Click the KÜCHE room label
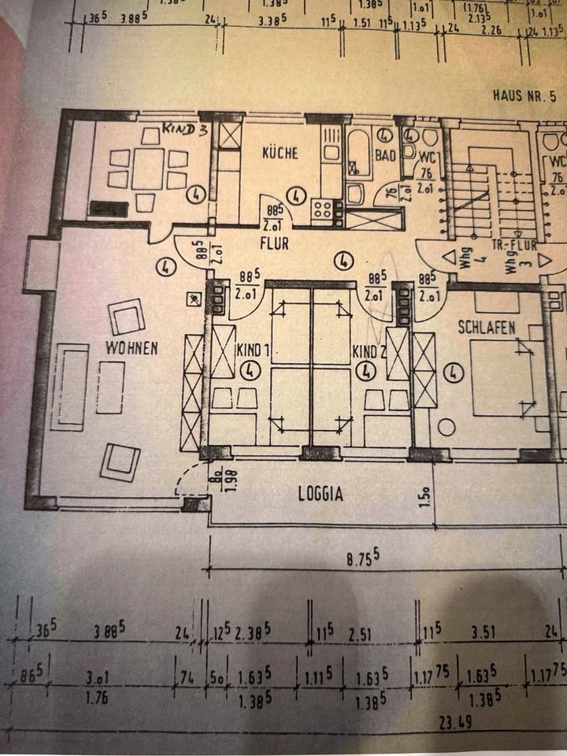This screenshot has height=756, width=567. pyautogui.click(x=280, y=153)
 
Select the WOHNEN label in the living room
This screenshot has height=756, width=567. pyautogui.click(x=133, y=347)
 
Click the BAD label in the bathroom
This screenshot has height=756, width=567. pyautogui.click(x=386, y=156)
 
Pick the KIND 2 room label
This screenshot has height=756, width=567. pyautogui.click(x=368, y=351)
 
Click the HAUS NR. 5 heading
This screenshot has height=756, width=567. pyautogui.click(x=523, y=96)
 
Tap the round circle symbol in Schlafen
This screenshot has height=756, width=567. pyautogui.click(x=447, y=428)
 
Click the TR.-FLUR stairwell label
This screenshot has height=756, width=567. pyautogui.click(x=513, y=244)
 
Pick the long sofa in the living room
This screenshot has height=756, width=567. pyautogui.click(x=70, y=387)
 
